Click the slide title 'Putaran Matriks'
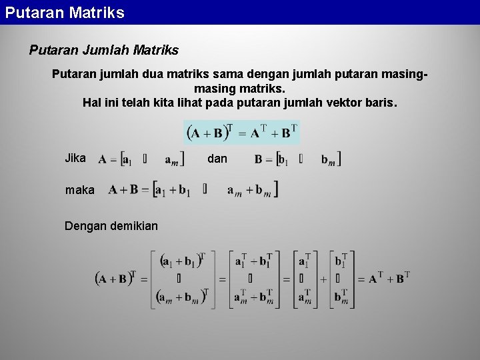pyautogui.click(x=65, y=13)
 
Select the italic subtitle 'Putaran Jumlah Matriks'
pyautogui.click(x=104, y=50)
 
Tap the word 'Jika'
pyautogui.click(x=75, y=158)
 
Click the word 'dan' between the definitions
pyautogui.click(x=217, y=159)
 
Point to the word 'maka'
pyautogui.click(x=79, y=190)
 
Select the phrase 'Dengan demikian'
pyautogui.click(x=111, y=226)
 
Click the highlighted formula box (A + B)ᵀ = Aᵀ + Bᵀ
pyautogui.click(x=242, y=132)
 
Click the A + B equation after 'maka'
pyautogui.click(x=193, y=190)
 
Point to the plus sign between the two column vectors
pyautogui.click(x=323, y=279)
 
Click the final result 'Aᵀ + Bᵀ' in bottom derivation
pyautogui.click(x=389, y=279)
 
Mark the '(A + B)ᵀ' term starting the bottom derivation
pyautogui.click(x=116, y=279)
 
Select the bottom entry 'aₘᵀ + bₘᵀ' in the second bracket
pyautogui.click(x=253, y=297)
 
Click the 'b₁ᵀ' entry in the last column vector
pyautogui.click(x=341, y=261)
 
